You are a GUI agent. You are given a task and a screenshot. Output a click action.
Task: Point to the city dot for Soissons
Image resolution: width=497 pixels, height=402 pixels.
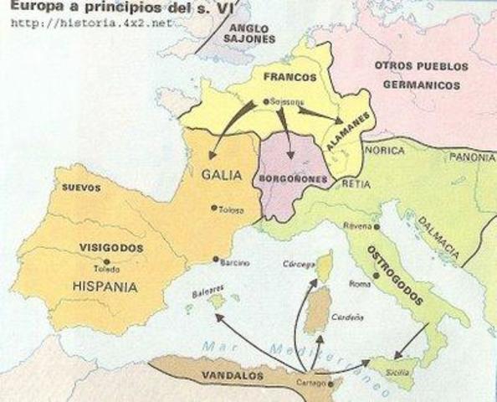point(266,102)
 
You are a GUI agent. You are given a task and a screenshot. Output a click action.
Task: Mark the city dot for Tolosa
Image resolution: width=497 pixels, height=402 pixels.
point(214,209)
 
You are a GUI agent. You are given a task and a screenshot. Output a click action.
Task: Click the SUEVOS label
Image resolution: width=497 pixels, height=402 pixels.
point(78,188)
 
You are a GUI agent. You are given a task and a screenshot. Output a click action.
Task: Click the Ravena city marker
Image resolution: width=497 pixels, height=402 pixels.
point(345,226)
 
